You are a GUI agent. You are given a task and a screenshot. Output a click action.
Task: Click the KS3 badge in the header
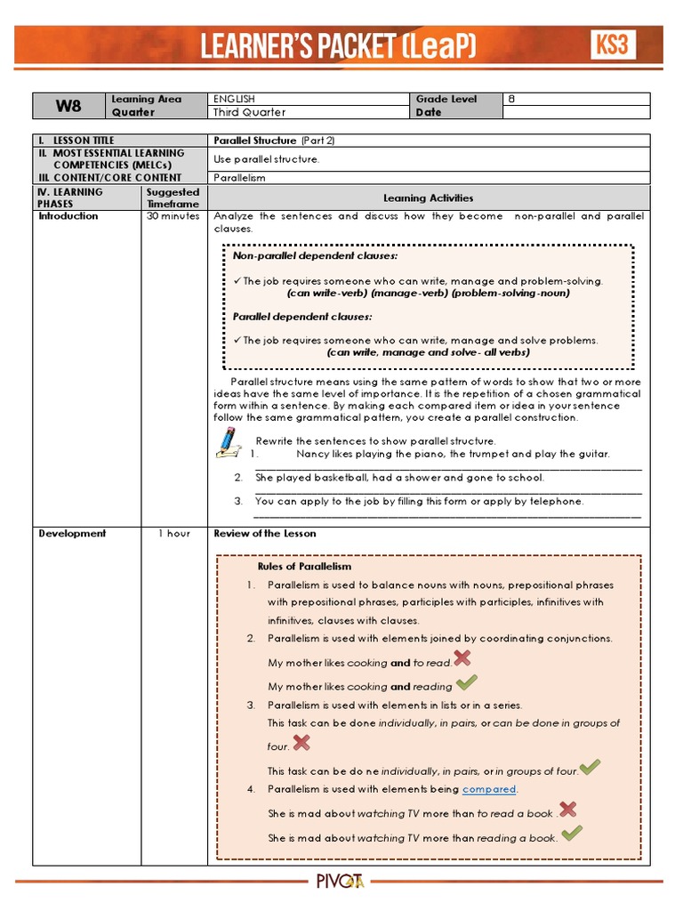tap(613, 44)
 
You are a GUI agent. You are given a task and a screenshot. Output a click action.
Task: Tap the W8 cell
tap(68, 106)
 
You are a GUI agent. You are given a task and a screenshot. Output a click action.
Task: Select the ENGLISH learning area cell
tap(235, 100)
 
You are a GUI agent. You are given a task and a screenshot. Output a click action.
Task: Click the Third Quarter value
tap(250, 113)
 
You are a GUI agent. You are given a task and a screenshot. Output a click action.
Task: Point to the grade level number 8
tap(511, 100)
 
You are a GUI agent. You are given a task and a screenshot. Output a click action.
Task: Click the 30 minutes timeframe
tap(173, 216)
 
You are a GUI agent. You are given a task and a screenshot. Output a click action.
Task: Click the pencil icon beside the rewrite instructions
tap(229, 442)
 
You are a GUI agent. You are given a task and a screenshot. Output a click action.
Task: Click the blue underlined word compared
tap(489, 789)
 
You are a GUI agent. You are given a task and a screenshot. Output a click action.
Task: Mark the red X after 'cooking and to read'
tap(462, 658)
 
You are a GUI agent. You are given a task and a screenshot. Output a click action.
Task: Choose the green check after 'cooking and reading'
tap(466, 683)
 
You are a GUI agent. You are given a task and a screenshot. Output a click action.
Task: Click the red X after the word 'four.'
tap(302, 743)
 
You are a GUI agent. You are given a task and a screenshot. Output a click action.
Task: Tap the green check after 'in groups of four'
tap(590, 767)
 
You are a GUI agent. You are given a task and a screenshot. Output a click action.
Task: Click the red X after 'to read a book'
tap(567, 810)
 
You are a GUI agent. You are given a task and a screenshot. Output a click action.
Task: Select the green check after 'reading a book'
tap(572, 834)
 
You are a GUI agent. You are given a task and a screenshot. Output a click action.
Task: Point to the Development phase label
tap(72, 534)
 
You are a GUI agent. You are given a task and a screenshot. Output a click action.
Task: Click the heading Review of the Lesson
tap(265, 534)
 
